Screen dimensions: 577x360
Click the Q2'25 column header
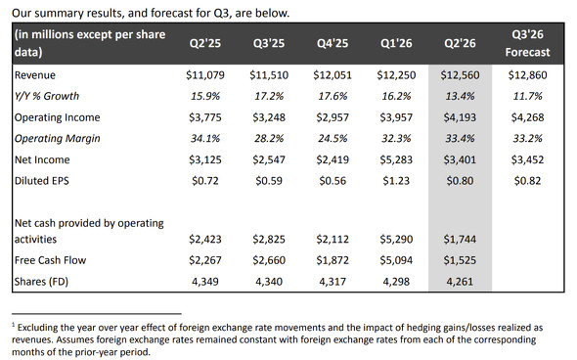205,43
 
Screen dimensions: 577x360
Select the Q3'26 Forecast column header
527,43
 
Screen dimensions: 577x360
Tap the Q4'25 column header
333,43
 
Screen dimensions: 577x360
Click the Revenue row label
35,75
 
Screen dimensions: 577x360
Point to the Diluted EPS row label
42,181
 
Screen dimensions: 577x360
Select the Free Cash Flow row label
50,260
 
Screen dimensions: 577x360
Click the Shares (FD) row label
41,282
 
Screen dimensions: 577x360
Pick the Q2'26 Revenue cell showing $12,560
460,75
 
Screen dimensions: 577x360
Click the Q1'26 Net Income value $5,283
396,159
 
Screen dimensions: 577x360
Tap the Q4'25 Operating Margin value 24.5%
333,138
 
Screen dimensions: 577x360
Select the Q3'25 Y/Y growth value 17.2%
269,96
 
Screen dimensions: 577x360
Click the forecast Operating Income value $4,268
527,117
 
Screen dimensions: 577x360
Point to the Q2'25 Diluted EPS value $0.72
205,181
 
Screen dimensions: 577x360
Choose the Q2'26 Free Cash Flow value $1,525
460,260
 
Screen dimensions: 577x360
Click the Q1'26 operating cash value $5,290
396,240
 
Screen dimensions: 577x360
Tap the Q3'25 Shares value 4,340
269,282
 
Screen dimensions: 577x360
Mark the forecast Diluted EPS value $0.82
527,181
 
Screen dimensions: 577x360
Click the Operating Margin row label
57,138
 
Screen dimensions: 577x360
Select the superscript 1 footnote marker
14,325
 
